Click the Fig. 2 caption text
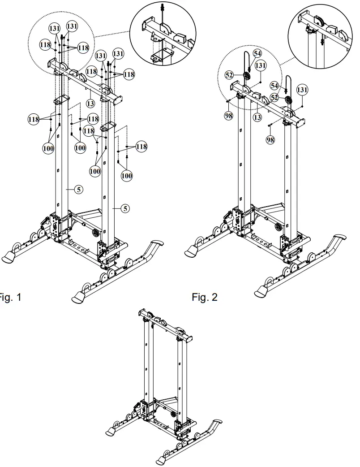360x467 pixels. pyautogui.click(x=205, y=298)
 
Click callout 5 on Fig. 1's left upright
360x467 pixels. pyautogui.click(x=79, y=190)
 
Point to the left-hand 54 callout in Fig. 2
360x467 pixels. pyautogui.click(x=257, y=53)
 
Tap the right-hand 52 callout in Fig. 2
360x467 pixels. pyautogui.click(x=274, y=97)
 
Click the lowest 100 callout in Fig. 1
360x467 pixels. pyautogui.click(x=127, y=176)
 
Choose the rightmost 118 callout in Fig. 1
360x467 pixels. pyautogui.click(x=141, y=147)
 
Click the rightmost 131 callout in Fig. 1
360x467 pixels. pyautogui.click(x=118, y=53)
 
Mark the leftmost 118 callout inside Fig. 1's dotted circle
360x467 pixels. pyautogui.click(x=45, y=44)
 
